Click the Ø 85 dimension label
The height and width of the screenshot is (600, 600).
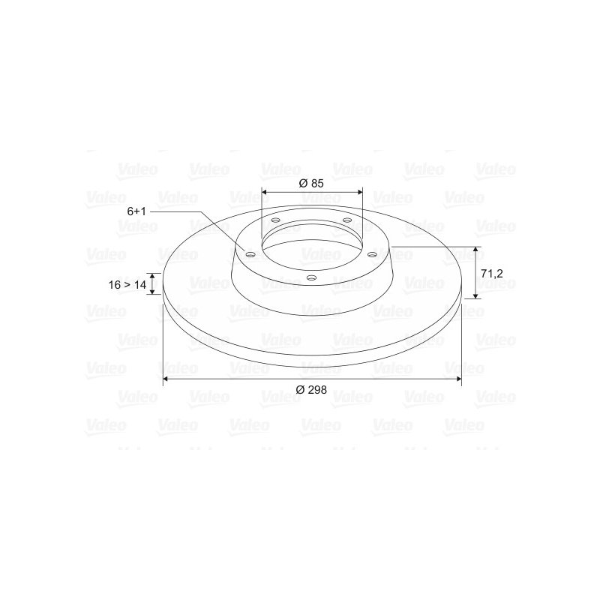[x=311, y=183]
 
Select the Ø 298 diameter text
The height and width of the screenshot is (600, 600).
[x=311, y=389]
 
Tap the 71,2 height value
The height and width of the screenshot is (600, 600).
[x=491, y=274]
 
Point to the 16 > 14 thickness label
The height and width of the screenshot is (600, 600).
[x=127, y=285]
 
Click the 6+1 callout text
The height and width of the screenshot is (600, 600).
[x=136, y=212]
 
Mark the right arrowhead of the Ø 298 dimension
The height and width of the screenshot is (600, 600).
[x=458, y=380]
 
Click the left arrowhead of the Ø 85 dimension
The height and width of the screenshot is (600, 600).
[x=265, y=190]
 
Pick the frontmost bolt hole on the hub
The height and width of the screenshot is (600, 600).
[x=311, y=278]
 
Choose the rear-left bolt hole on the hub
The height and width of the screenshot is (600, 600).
[x=276, y=220]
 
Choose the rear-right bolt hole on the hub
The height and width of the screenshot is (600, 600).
[x=346, y=220]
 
